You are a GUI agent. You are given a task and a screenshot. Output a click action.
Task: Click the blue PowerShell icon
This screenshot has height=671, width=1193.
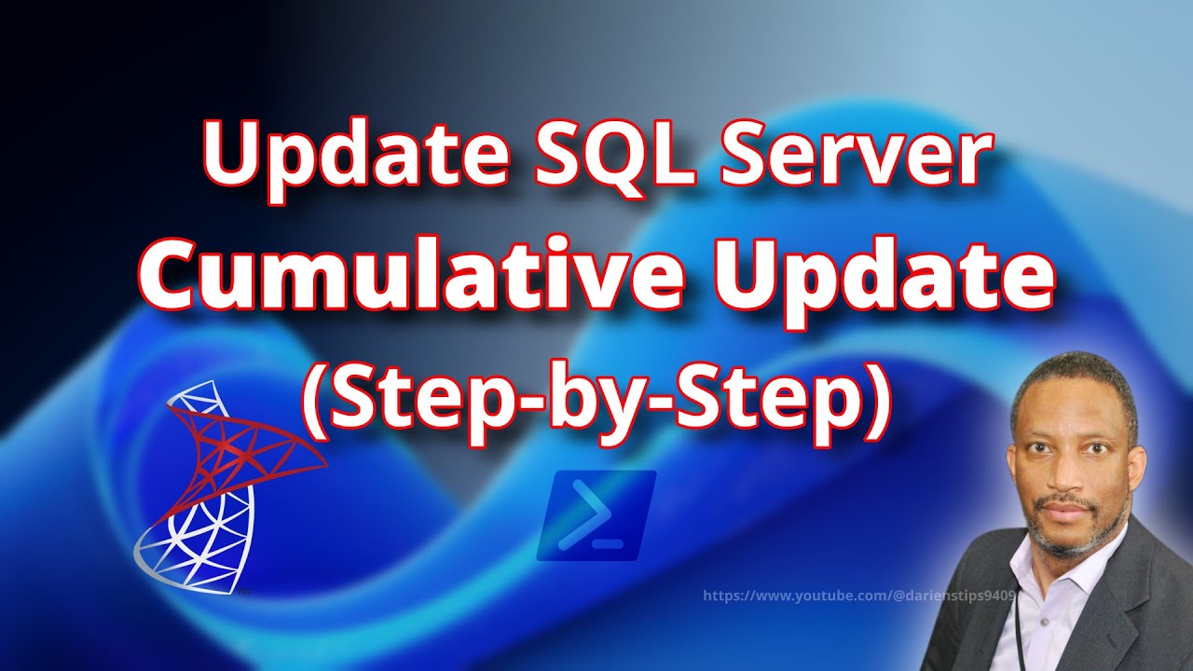[596, 515]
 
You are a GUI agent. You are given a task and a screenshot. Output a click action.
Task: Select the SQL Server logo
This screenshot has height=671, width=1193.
[224, 485]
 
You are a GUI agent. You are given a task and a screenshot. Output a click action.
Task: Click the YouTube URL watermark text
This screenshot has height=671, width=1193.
[857, 594]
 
